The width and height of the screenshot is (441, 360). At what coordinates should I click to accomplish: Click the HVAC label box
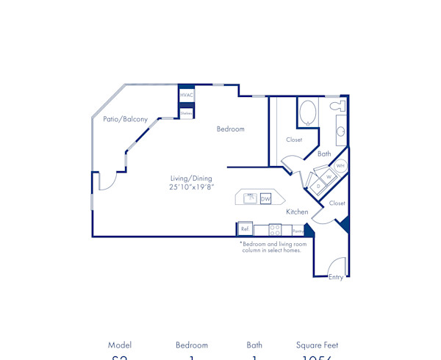187,95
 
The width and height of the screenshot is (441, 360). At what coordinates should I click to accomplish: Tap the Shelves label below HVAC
187,113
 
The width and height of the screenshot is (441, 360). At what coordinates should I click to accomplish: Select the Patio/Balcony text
125,119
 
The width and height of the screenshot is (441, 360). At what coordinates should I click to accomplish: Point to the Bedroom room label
230,129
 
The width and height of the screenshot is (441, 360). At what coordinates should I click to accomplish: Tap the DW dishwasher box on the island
265,198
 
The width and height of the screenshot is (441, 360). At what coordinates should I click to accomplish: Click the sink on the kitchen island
251,198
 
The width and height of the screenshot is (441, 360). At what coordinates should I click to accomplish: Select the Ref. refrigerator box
245,229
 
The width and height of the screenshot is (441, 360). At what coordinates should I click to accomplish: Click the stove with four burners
275,229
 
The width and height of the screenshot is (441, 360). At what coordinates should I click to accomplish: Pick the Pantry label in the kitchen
298,230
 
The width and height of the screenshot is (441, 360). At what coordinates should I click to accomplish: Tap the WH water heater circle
340,166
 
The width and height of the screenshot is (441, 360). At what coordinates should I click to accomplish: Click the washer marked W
329,177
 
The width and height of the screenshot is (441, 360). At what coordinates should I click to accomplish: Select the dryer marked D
318,187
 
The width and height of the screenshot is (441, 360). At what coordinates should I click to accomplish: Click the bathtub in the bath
307,114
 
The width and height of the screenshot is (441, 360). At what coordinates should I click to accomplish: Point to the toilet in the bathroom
337,107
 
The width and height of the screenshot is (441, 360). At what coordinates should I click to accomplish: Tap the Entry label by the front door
335,277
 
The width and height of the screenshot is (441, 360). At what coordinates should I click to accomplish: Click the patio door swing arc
107,181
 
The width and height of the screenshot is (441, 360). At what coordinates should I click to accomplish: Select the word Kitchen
297,212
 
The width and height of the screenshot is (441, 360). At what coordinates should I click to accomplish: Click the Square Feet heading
317,345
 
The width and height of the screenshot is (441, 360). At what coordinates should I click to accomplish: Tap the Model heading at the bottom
120,345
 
